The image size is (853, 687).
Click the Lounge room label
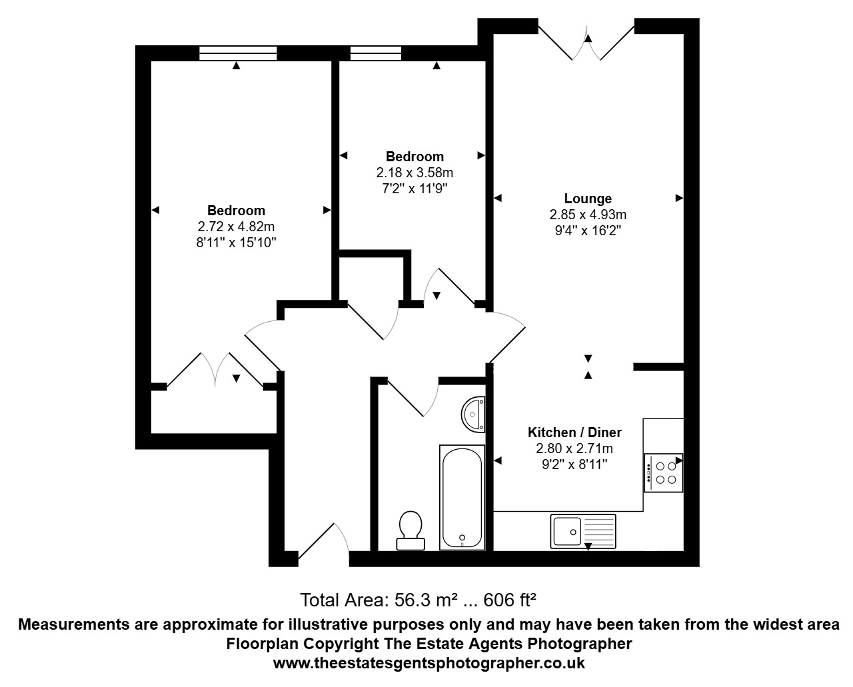coord(588,199)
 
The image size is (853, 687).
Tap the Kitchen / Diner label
coord(574,432)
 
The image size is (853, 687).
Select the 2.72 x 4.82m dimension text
coord(236,227)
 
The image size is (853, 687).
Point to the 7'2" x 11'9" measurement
coord(415,189)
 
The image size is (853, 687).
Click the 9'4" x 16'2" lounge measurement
coord(588,231)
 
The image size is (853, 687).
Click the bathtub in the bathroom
coord(461,497)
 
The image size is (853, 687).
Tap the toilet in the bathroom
coord(410,530)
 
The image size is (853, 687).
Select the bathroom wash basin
coord(474,414)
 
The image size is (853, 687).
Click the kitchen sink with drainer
coord(583,531)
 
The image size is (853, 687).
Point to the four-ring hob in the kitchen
coord(663,472)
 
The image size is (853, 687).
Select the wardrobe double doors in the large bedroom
coord(215,370)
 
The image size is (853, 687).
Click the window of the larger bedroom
coord(238,53)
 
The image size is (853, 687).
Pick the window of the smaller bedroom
coord(375,53)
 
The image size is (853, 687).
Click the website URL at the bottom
coord(429,664)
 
